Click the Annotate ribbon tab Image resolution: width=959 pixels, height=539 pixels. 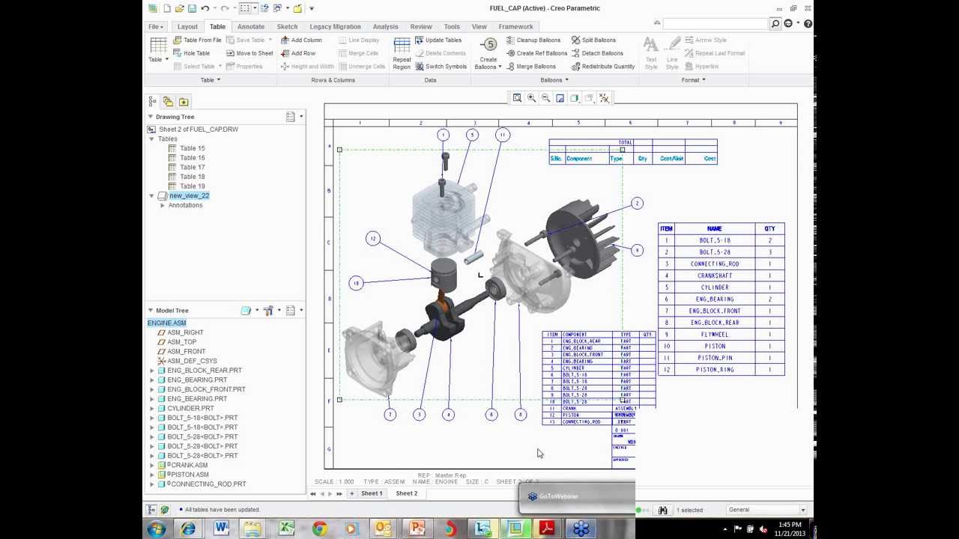(250, 26)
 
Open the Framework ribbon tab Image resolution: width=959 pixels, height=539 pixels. (515, 26)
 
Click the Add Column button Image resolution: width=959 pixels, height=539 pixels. (301, 40)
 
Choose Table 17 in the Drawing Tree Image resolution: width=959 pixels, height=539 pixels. (192, 167)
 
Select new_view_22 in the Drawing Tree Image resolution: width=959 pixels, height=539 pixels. (189, 195)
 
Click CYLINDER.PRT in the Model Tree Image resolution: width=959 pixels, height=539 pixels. (190, 408)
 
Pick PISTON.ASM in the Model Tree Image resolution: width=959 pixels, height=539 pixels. (190, 474)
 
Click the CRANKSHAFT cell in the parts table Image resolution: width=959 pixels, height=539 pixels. (714, 275)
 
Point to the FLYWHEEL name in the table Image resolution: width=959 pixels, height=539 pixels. (714, 334)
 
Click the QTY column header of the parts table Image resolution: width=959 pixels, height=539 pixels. (769, 228)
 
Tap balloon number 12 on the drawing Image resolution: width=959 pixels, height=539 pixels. (373, 239)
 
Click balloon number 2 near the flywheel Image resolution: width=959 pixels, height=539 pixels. (637, 203)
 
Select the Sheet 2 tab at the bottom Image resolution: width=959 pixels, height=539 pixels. (406, 493)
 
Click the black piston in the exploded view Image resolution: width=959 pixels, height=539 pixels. (444, 275)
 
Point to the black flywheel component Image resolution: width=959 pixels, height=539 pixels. (581, 232)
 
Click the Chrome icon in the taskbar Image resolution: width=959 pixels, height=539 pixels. (319, 529)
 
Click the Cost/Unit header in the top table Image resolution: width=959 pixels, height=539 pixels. (671, 159)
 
